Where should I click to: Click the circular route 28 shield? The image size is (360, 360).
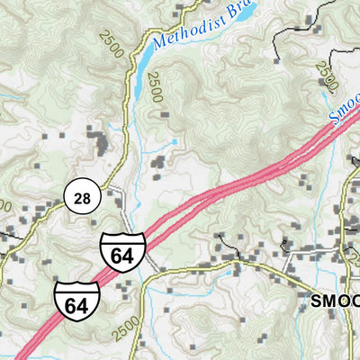tap(81, 198)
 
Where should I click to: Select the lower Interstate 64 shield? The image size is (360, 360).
tap(76, 301)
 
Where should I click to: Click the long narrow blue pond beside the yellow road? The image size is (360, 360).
tap(144, 58)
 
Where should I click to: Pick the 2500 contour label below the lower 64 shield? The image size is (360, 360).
tap(129, 326)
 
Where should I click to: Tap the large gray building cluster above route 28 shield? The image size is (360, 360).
tap(96, 141)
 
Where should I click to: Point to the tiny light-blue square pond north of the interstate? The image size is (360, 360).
tap(174, 142)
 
